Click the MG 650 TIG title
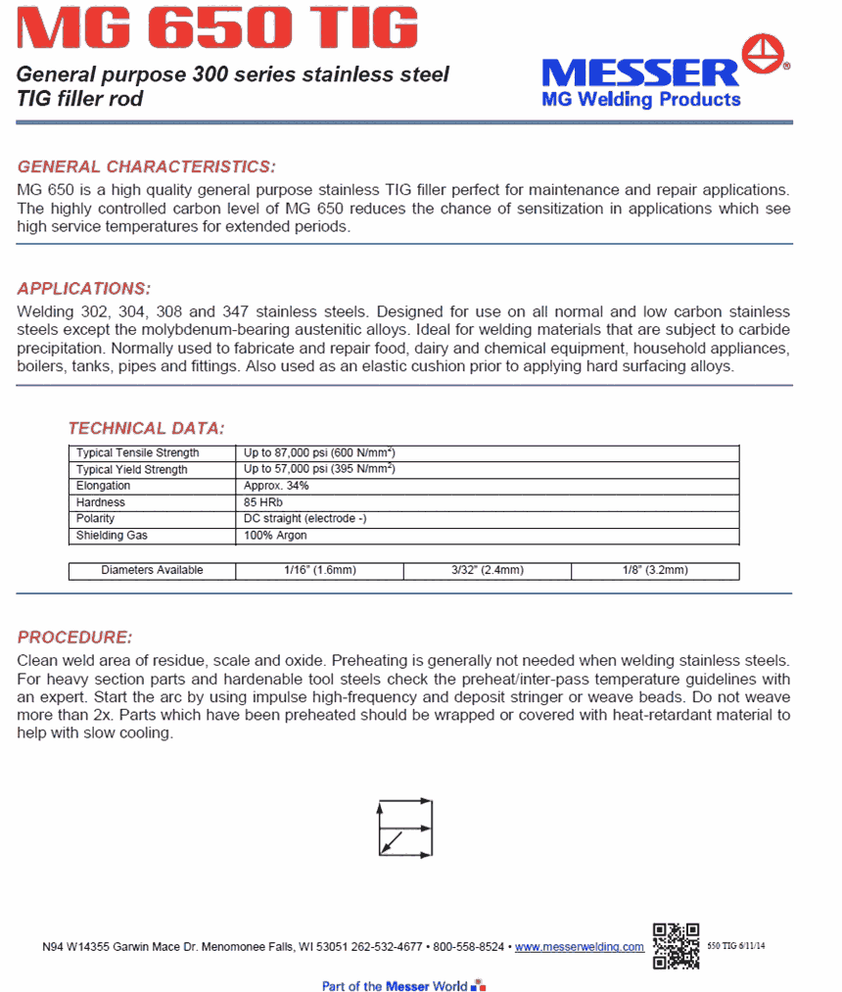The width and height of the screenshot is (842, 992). tap(217, 29)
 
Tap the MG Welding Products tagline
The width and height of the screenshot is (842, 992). tap(641, 100)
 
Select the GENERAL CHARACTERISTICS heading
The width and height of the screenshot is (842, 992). tap(147, 166)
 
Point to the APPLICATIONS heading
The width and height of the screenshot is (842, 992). tap(84, 289)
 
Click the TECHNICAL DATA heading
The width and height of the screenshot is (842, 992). tap(146, 428)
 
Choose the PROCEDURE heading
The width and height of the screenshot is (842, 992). tap(74, 638)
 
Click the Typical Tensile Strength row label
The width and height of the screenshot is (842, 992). tap(138, 453)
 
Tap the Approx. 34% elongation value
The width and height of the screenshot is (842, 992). tap(276, 486)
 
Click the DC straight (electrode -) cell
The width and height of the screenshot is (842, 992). tap(304, 519)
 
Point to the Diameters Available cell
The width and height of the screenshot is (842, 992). tap(152, 571)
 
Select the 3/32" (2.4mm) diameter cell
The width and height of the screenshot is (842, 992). tap(488, 571)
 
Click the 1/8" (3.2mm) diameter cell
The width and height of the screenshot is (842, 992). tap(655, 571)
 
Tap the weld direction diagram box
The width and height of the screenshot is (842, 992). tap(405, 828)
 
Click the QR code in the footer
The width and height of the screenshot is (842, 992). tap(676, 946)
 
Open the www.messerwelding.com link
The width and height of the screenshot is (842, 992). tap(580, 948)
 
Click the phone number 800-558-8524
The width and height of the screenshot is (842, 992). tap(469, 948)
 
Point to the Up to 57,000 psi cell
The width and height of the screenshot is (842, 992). tap(319, 470)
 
